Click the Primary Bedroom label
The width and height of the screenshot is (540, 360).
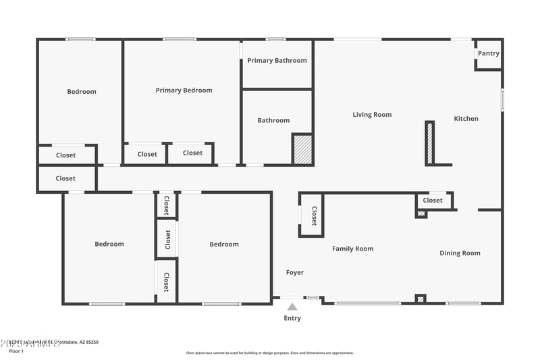[x=184, y=91]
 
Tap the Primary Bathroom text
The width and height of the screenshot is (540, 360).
[x=277, y=61]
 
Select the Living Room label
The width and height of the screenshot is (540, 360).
[x=372, y=115]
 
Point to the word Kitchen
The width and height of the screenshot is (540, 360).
[x=466, y=119]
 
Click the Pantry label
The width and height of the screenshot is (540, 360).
[x=489, y=53]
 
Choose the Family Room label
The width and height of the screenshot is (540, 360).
[x=352, y=249]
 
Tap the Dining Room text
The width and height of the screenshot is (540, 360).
[x=460, y=253]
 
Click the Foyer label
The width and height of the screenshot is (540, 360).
[x=295, y=273]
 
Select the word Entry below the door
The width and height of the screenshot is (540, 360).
[x=292, y=318]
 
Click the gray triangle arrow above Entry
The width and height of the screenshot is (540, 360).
[x=292, y=307]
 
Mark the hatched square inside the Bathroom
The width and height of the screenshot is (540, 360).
[x=302, y=149]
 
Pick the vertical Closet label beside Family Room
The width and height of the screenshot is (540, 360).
[x=314, y=216]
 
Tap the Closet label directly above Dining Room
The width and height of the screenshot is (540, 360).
[x=433, y=201]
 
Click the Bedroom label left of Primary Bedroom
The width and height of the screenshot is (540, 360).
[x=82, y=92]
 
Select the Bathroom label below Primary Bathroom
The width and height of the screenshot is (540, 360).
[x=273, y=121]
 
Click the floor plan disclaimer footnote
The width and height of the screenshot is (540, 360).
[x=269, y=353]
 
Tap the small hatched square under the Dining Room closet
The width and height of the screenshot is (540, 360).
[x=421, y=214]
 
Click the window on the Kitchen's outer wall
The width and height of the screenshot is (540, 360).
[x=502, y=99]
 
